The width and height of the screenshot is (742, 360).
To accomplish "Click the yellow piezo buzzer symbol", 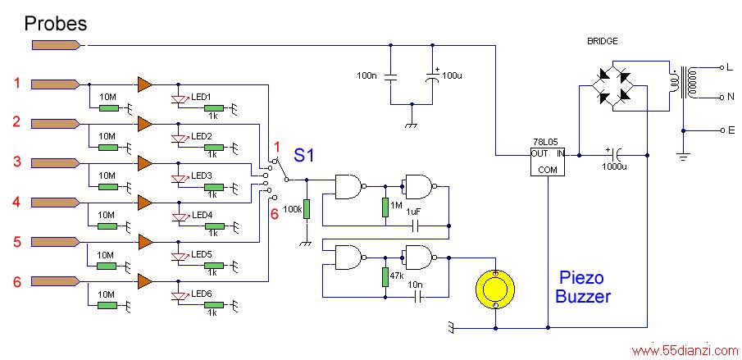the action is (x=495, y=288).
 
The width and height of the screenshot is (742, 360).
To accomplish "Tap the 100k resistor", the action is (x=306, y=209).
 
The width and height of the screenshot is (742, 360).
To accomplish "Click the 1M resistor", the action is (x=385, y=207).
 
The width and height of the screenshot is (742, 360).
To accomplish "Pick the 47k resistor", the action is (x=385, y=278).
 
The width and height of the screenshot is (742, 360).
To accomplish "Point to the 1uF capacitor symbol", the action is (x=416, y=226).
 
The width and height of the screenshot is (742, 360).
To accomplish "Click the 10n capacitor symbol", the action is (x=417, y=297).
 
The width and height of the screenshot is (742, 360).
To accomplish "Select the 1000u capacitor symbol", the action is (x=614, y=155).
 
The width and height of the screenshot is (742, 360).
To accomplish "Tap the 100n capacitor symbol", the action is (x=390, y=78).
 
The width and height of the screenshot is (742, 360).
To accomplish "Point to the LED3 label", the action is (x=201, y=175).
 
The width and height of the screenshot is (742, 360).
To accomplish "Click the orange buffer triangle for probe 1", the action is (x=145, y=84).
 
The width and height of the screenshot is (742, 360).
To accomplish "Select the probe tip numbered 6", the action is (x=55, y=282).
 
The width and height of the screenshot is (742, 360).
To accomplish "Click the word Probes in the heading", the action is (x=56, y=23).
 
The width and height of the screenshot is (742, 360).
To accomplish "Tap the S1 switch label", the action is (x=304, y=155).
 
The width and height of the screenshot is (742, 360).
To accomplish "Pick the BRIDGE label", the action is (x=602, y=41).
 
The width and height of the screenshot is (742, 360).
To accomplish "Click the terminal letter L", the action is (x=729, y=67).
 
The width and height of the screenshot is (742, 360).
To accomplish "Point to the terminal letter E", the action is (x=731, y=130).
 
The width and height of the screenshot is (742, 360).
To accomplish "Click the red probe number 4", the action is (x=16, y=203).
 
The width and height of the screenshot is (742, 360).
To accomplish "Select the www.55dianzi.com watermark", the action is (x=685, y=351).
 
